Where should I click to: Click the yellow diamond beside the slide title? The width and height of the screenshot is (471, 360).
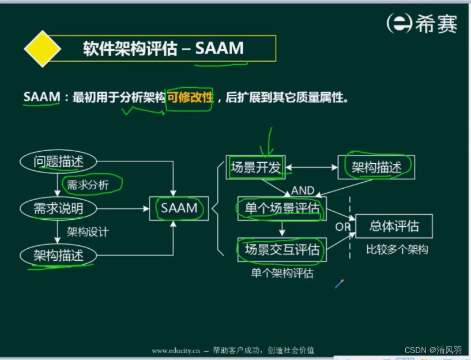(x=42, y=49)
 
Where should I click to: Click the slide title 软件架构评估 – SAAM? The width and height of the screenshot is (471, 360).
(x=163, y=48)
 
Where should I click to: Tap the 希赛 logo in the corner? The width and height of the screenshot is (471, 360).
(x=422, y=24)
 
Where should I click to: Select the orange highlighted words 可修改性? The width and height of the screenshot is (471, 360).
(x=190, y=97)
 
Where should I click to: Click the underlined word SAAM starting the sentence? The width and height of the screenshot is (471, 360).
(x=42, y=97)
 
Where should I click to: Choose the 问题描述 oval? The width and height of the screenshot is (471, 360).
(x=58, y=162)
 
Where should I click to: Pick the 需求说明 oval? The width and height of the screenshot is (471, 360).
(x=58, y=208)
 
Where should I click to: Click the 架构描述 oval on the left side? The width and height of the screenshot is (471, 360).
(x=58, y=255)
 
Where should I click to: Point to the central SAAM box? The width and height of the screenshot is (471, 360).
(x=179, y=208)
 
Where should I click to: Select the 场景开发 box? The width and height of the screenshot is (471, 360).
(x=255, y=167)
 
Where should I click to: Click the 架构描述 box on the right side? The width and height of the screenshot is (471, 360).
(x=376, y=167)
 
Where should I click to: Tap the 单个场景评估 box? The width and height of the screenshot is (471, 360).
(x=281, y=208)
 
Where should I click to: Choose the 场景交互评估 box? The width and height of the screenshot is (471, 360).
(x=281, y=250)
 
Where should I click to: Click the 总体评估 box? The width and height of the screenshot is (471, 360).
(x=394, y=226)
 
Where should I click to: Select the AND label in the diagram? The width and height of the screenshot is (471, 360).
(x=303, y=190)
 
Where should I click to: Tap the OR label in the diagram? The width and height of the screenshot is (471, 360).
(x=344, y=227)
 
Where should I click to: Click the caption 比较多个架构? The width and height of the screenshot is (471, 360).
(x=397, y=250)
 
